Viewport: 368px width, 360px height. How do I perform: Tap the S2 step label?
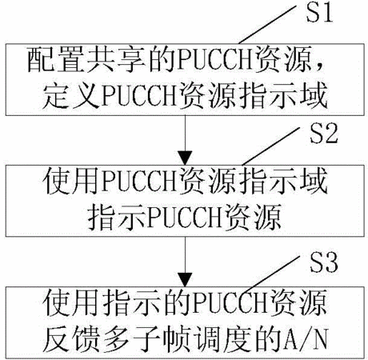[x=323, y=134]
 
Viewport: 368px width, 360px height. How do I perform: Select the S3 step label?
[x=323, y=262]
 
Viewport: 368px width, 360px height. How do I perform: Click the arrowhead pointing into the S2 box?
[x=185, y=158]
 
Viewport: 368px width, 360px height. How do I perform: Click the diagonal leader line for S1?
[x=267, y=25]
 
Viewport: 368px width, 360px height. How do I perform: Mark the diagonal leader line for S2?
[x=271, y=146]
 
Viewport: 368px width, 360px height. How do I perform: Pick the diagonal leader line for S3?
[x=271, y=275]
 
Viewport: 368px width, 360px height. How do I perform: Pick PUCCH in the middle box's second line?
[x=185, y=218]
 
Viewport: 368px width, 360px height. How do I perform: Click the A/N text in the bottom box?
[x=306, y=340]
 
